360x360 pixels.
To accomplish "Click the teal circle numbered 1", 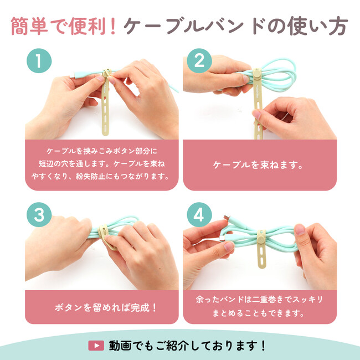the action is click(x=39, y=61).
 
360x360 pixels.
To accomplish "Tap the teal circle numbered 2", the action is click(x=199, y=61).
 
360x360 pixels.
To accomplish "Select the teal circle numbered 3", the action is click(x=39, y=215).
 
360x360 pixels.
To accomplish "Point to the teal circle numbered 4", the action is click(x=199, y=215).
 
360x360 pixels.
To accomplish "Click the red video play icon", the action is click(x=96, y=345).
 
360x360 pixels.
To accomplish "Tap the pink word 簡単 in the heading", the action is click(x=29, y=27).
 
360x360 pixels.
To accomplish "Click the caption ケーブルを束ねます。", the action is click(x=258, y=165).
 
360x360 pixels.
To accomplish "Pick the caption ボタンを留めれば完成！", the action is click(x=105, y=307).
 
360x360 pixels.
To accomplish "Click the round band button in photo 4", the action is click(x=261, y=239).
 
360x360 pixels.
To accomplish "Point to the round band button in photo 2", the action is click(x=257, y=74).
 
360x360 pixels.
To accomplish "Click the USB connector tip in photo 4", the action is click(x=227, y=217).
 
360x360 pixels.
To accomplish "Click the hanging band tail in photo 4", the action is click(x=261, y=256).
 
